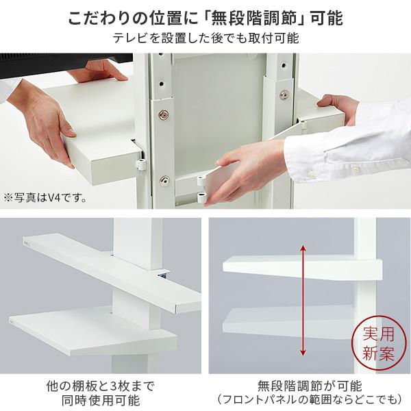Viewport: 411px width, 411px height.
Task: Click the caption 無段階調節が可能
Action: [309, 385]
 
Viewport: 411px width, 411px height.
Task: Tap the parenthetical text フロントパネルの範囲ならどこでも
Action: [309, 400]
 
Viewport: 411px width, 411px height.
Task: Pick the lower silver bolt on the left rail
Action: [164, 180]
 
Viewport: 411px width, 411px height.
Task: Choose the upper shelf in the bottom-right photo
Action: [288, 269]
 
